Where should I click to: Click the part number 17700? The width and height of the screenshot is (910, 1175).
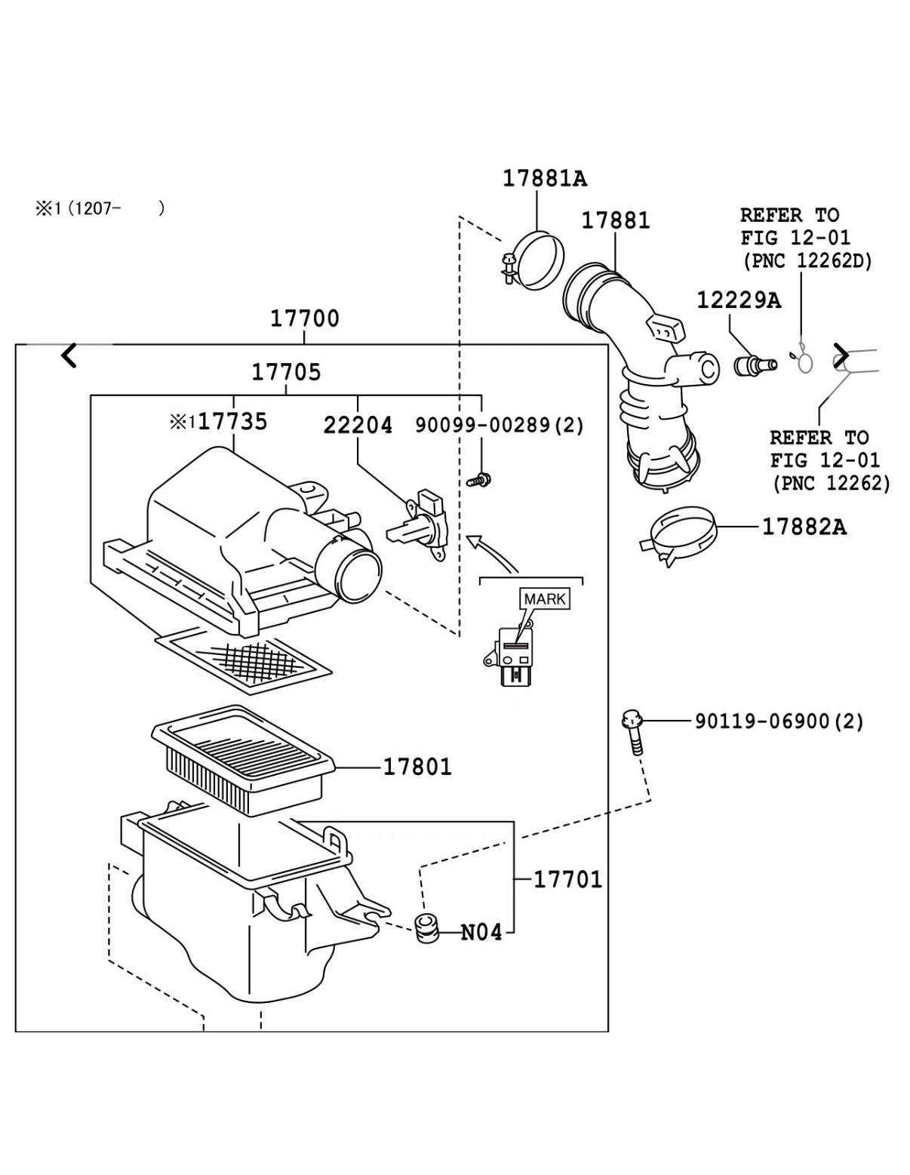tap(305, 318)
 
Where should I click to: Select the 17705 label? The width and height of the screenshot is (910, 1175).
tap(286, 372)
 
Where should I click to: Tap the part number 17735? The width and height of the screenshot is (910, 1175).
tap(232, 422)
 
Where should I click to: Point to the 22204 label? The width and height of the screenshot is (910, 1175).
tap(358, 426)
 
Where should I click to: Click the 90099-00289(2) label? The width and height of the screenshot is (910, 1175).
tap(500, 426)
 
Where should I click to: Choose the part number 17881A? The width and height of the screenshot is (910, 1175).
tap(544, 178)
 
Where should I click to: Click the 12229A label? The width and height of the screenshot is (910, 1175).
tap(738, 300)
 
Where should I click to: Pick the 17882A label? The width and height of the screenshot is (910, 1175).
tap(804, 527)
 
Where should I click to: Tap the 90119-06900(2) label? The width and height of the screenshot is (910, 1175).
tap(779, 721)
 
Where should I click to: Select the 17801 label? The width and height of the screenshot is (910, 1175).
tap(417, 767)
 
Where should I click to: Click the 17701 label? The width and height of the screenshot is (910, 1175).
tap(567, 879)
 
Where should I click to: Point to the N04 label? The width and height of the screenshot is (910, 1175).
tap(481, 933)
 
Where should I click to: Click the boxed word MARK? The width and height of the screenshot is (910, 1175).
tap(545, 598)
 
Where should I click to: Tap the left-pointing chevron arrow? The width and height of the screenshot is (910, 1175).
tap(69, 355)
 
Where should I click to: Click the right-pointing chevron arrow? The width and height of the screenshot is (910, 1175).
tap(841, 355)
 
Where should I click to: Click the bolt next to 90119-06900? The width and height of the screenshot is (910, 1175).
tap(632, 731)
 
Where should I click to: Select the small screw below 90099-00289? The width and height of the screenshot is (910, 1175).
tap(478, 478)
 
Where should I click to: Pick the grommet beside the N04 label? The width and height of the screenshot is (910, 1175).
tap(429, 927)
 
